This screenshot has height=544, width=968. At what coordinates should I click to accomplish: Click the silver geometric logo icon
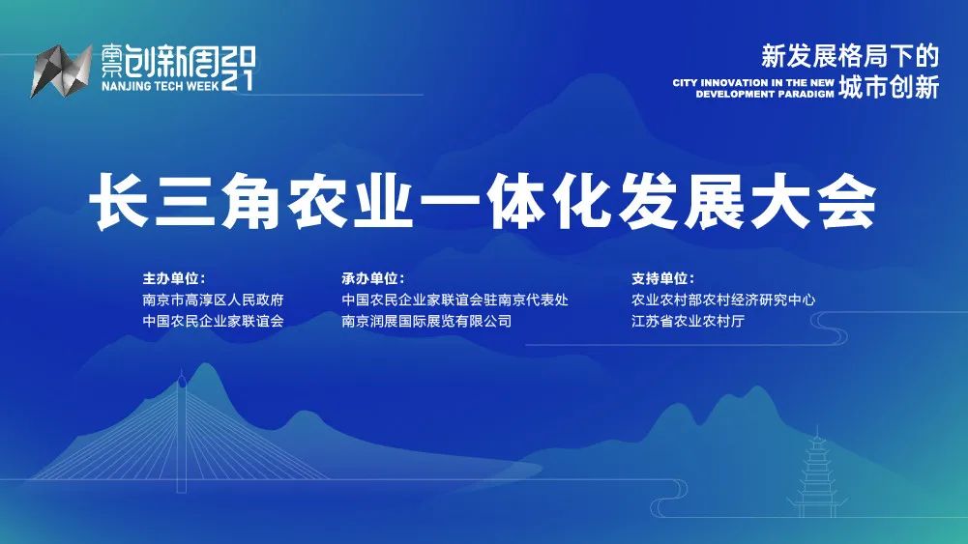61,71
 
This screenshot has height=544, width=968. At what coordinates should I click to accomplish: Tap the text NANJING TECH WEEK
161,86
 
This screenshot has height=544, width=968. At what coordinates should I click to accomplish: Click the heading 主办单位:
173,279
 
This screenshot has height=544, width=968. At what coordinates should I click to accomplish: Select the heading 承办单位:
373,279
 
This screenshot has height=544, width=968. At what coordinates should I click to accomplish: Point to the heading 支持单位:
662,279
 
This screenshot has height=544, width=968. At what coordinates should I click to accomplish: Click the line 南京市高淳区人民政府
213,301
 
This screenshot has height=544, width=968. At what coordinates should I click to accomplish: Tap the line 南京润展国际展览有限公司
426,322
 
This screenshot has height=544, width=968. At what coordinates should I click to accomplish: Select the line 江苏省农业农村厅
688,322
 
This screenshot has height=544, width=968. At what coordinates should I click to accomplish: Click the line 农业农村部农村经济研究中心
723,301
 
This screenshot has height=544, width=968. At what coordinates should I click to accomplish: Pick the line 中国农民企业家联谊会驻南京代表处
455,301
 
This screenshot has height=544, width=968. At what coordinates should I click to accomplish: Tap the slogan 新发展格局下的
849,57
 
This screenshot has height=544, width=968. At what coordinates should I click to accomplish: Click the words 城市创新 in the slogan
889,87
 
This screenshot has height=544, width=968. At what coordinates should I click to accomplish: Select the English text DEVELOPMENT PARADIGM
765,95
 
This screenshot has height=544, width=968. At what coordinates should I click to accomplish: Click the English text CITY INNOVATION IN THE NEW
753,83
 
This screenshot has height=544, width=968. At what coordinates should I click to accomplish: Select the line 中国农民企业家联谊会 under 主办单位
213,322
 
